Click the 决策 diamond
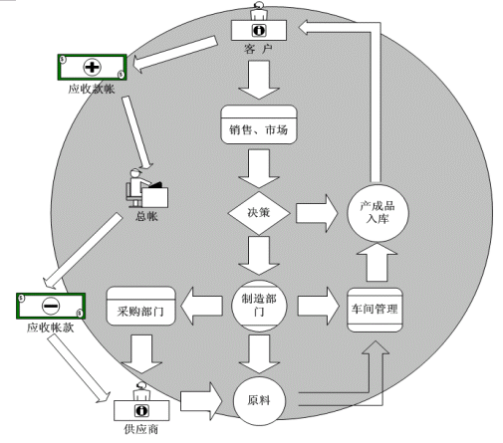(x=259, y=213)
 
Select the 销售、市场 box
(x=259, y=124)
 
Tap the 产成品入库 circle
(x=377, y=213)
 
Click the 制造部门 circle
(x=259, y=306)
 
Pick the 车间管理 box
(x=375, y=310)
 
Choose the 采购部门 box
(x=140, y=306)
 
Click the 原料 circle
(x=259, y=400)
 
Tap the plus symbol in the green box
(x=92, y=67)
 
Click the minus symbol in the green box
(x=51, y=306)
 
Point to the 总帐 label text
(x=146, y=216)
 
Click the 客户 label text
(x=258, y=49)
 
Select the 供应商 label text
(x=141, y=429)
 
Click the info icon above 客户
(x=259, y=31)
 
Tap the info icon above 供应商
(x=141, y=410)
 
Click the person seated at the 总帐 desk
(x=137, y=187)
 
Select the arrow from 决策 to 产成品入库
(x=317, y=213)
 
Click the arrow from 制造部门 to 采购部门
(x=201, y=306)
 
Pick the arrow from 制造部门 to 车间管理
(x=319, y=306)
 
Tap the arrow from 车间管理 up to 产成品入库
(x=377, y=262)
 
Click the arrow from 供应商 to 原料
(x=201, y=401)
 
